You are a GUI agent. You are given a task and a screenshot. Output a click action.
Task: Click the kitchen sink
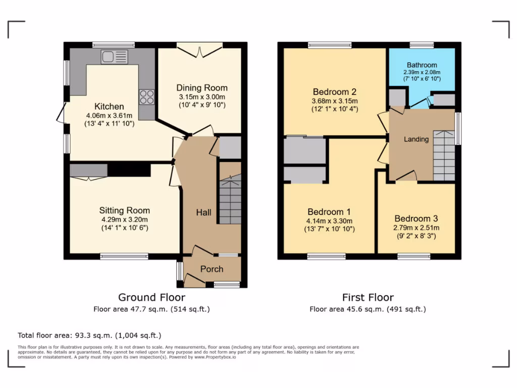tap(115, 57)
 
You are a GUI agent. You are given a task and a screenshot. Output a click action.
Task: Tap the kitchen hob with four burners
tap(147, 96)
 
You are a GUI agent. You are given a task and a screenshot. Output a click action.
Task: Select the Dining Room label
tap(201, 88)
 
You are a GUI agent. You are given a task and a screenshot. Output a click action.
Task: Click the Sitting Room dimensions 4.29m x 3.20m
tap(124, 220)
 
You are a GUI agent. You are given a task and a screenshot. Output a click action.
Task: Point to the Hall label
tap(203, 213)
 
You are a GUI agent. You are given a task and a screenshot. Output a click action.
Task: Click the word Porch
tap(212, 269)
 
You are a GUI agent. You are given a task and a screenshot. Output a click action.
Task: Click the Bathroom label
tap(422, 65)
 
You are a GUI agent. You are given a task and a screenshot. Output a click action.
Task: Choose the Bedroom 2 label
tap(335, 92)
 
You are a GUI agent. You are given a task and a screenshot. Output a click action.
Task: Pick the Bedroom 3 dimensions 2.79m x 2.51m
tap(416, 228)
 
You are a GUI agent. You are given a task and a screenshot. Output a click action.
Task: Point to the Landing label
tap(416, 139)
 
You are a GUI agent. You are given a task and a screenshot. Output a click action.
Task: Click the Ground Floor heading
tap(151, 298)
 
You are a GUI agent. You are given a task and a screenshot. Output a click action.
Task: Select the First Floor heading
tap(368, 298)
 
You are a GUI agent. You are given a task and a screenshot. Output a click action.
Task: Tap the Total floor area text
tap(89, 335)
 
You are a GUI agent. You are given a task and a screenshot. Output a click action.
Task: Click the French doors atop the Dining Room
tap(200, 49)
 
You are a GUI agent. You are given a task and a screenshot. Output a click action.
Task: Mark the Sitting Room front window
tap(124, 257)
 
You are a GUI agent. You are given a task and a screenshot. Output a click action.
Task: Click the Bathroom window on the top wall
tap(422, 45)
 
